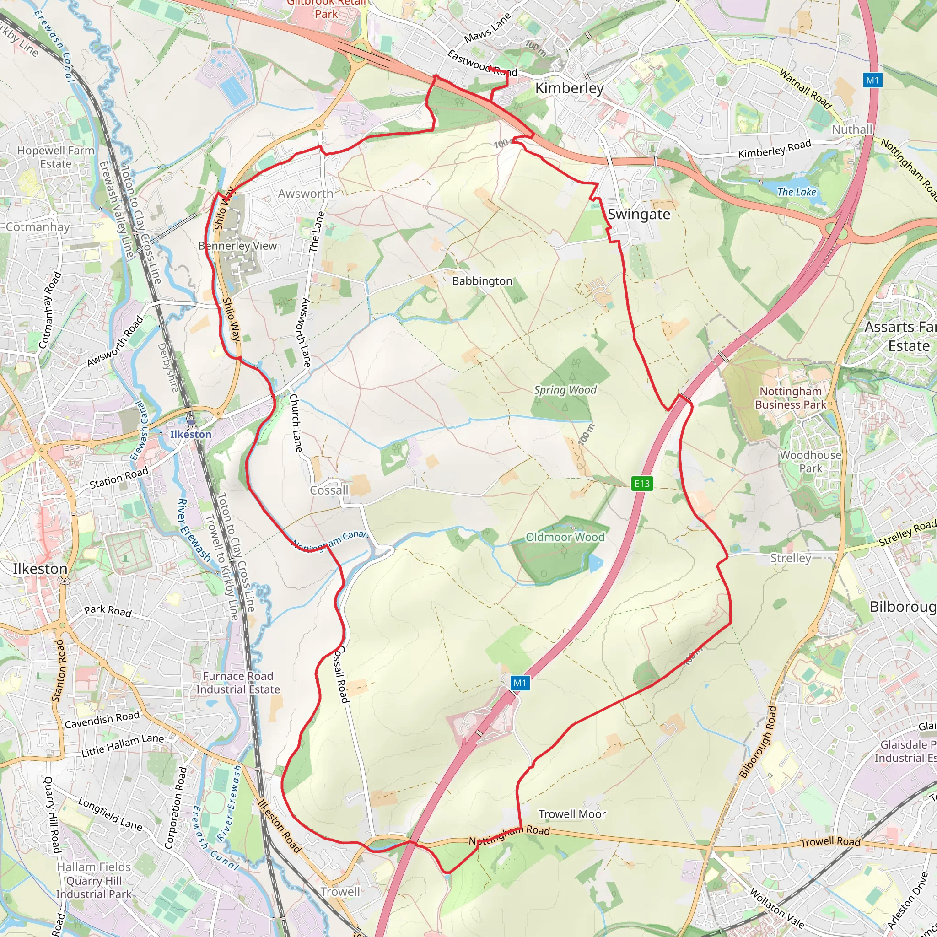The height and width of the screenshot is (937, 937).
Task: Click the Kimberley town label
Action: pos(569,88)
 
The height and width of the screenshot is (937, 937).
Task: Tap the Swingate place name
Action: pos(639,215)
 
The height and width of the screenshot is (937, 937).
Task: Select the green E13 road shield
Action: pos(641,484)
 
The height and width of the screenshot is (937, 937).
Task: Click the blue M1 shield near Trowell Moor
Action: pos(519,683)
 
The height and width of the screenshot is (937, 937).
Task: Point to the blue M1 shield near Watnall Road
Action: pos(872,80)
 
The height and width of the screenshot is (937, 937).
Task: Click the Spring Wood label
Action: pos(565,390)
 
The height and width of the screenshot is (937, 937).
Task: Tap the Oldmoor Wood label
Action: pos(565,537)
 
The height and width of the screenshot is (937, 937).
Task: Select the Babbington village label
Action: pos(482,281)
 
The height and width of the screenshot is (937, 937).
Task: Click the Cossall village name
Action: pos(329,490)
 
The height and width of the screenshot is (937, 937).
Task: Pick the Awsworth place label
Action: pos(306,194)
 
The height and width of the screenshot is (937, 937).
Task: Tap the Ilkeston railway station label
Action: pos(191,434)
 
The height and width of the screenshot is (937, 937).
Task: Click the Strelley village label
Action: pos(791,558)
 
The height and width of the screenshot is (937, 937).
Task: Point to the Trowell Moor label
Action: pos(572,814)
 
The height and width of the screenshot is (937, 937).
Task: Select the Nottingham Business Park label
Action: pos(791,398)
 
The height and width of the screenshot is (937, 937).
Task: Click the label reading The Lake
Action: pos(797,192)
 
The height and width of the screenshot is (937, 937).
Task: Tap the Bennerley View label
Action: pos(237,246)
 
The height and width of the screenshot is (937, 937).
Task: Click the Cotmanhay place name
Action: pos(38,227)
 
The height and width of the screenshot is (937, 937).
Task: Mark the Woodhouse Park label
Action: pos(810,461)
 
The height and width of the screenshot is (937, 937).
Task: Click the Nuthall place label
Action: pos(852,129)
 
